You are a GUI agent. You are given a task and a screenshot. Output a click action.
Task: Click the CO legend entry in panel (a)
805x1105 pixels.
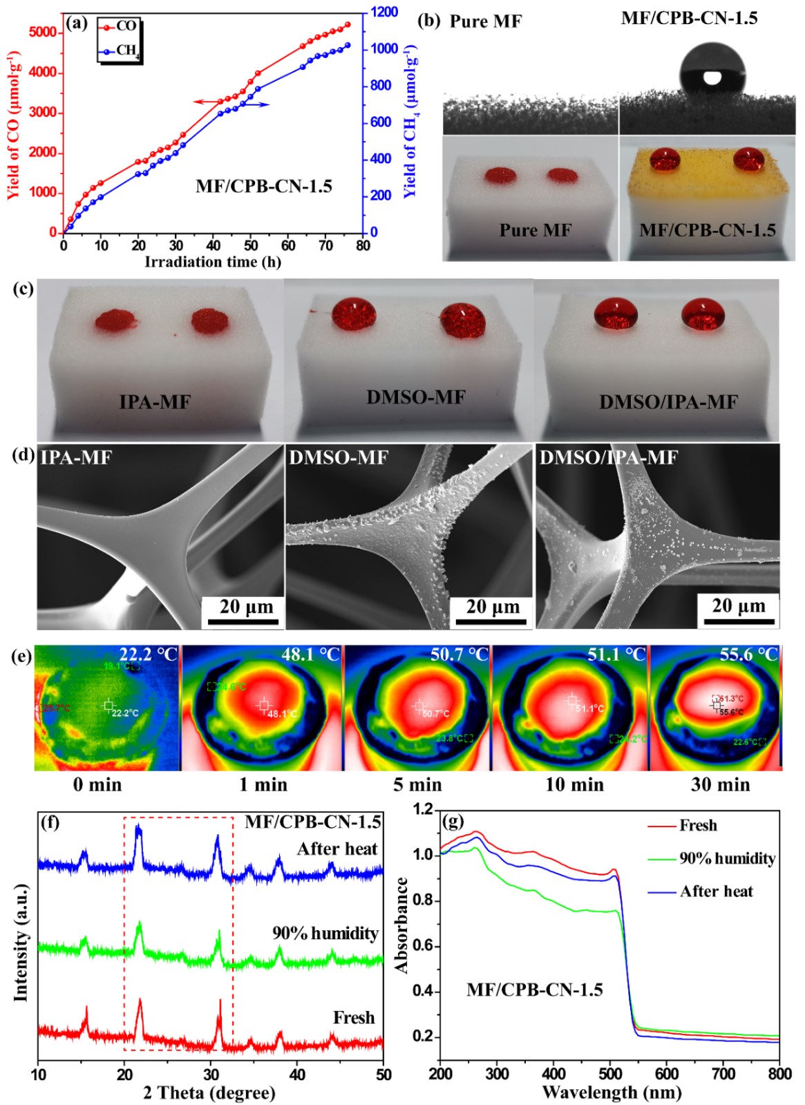119,27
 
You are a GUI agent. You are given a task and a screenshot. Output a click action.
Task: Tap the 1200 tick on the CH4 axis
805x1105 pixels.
384,12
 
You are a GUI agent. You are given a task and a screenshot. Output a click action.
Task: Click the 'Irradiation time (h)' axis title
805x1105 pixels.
213,262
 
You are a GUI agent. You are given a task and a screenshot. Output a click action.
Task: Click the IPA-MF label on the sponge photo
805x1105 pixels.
155,402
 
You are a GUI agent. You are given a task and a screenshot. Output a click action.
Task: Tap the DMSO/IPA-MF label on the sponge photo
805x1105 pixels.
668,402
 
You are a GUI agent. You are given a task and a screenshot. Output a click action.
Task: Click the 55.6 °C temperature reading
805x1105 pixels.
749,654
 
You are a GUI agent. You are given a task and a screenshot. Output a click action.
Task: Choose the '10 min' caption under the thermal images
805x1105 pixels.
574,785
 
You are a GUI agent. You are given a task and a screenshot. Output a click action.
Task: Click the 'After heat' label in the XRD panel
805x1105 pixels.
337,849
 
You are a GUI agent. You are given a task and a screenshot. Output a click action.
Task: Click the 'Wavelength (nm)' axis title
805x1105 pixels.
612,1093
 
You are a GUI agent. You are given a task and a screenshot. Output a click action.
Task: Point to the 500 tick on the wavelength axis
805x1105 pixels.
610,1073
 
